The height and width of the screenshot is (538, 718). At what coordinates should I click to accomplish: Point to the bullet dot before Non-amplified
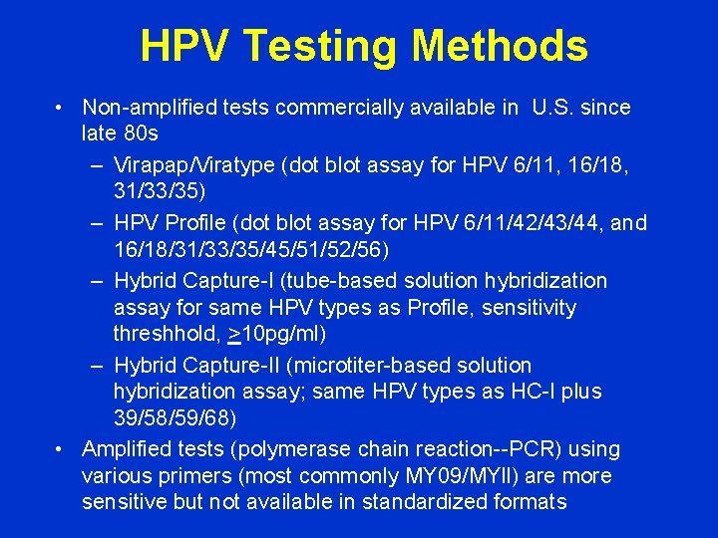[x=62, y=107]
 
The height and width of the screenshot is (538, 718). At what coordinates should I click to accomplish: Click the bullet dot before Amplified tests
[x=62, y=449]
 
